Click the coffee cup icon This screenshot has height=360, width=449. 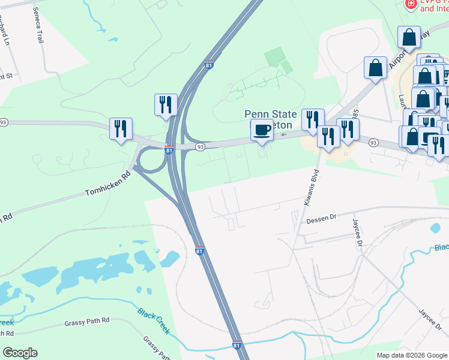(x=262, y=130)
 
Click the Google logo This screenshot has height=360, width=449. (x=20, y=353)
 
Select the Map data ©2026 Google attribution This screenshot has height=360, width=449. (x=412, y=355)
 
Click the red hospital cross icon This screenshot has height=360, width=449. (x=411, y=5)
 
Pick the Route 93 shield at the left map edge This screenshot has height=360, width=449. (x=4, y=122)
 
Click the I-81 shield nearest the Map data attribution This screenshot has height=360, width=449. (x=238, y=346)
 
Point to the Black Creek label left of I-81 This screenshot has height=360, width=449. (x=154, y=321)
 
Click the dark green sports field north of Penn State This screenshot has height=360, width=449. (x=275, y=58)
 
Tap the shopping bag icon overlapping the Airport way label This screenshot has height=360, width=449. (x=409, y=37)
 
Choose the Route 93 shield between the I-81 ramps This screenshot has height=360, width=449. (x=200, y=146)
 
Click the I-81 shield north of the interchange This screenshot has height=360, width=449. (x=208, y=65)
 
